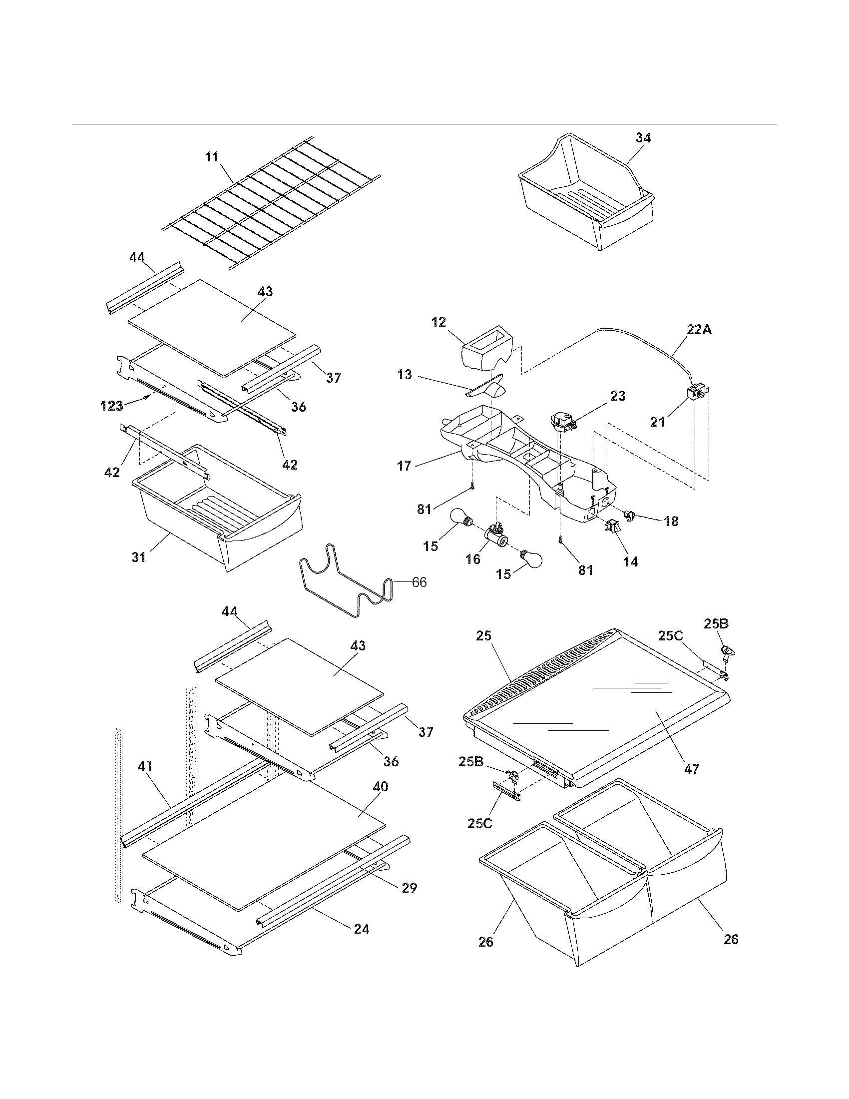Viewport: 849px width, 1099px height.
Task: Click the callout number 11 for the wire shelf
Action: pos(212,157)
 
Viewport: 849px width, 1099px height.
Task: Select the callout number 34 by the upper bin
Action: pos(643,138)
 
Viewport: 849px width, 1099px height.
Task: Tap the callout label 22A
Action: pos(699,330)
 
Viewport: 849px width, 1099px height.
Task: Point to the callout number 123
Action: pos(112,406)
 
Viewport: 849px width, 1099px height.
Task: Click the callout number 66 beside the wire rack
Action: pos(419,582)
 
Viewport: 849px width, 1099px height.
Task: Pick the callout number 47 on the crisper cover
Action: pos(692,769)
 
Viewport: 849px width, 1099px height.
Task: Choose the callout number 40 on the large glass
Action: pos(380,786)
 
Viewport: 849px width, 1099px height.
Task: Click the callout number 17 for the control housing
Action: pos(404,466)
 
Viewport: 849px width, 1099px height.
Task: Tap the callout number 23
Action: pos(618,396)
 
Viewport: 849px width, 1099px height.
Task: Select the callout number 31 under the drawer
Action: pos(138,557)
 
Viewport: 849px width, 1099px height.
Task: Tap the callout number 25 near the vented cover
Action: pos(484,636)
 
